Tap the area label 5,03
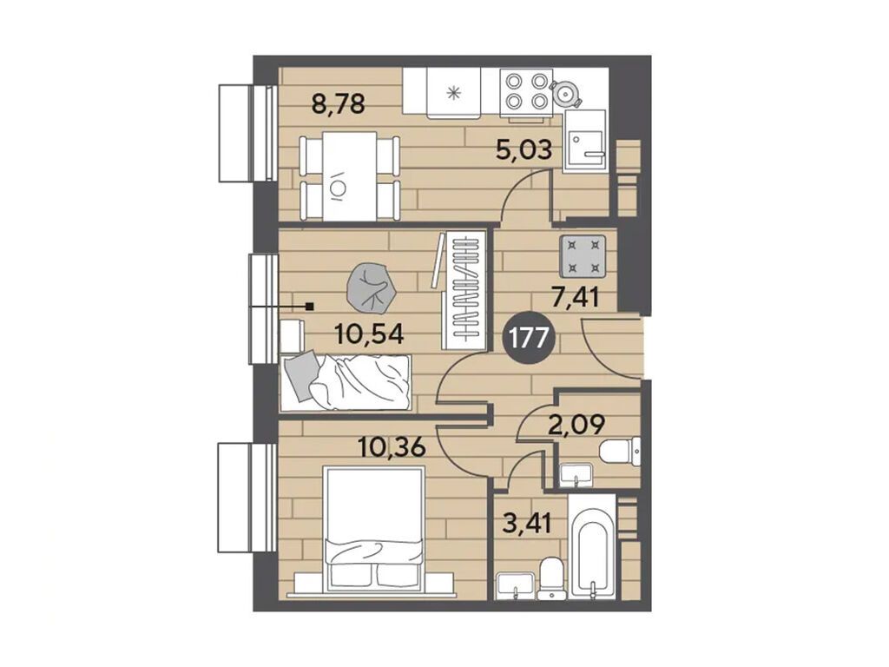click(524, 151)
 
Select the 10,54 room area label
click(369, 334)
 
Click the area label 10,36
click(392, 447)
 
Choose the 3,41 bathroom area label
click(527, 523)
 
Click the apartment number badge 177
click(530, 339)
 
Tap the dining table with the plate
click(349, 176)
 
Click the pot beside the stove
click(565, 91)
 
